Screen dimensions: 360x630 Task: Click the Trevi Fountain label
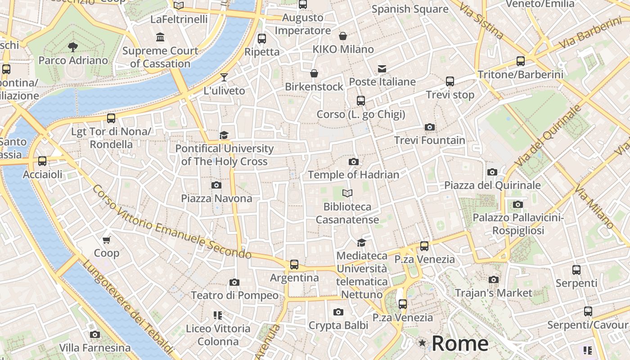point(430,140)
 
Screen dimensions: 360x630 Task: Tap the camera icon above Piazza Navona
point(216,185)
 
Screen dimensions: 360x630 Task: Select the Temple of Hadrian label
point(354,175)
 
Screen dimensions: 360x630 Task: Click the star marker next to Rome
point(422,343)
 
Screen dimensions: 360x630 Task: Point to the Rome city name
point(460,344)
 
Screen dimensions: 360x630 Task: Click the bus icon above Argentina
point(294,265)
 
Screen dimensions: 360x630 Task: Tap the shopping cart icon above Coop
point(107,240)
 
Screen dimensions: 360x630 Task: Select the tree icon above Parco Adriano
point(72,47)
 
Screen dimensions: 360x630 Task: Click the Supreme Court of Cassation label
point(160,57)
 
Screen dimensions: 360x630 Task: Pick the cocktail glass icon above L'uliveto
point(224,77)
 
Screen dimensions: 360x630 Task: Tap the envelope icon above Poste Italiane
point(382,68)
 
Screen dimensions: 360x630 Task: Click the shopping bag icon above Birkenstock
point(314,73)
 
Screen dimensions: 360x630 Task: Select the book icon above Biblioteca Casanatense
point(347,193)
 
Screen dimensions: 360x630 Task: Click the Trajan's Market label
point(494,293)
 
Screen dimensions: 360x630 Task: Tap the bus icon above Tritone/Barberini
point(521,61)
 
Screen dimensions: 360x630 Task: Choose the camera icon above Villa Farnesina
point(95,334)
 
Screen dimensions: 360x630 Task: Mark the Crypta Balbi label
point(338,325)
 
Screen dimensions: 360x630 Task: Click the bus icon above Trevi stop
point(450,81)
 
